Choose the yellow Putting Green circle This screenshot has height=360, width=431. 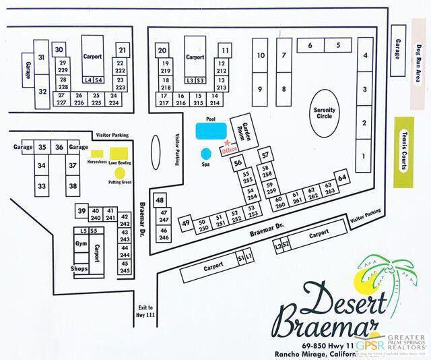[120, 173]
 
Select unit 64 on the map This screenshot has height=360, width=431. [343, 177]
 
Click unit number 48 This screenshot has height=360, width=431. [160, 200]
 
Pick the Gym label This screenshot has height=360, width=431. [82, 243]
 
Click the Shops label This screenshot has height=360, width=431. [80, 268]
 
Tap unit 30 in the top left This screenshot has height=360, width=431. [59, 49]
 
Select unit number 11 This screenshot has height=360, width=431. [225, 51]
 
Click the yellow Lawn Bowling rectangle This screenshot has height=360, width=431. [120, 153]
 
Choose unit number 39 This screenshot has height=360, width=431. [81, 211]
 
